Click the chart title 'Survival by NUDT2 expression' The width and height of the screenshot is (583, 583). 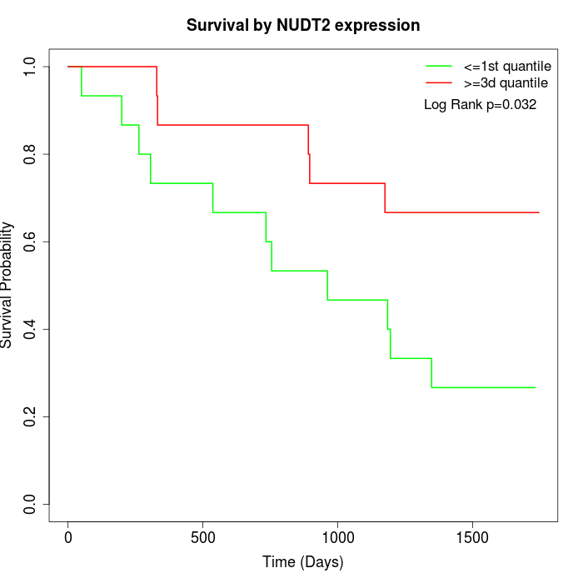click(x=303, y=25)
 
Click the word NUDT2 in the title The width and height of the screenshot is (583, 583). click(x=306, y=25)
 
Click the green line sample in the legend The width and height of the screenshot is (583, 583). click(x=439, y=66)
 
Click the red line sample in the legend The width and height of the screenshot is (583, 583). click(x=439, y=82)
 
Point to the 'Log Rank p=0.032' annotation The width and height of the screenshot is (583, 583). click(x=480, y=105)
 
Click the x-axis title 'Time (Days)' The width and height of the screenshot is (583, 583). click(x=303, y=562)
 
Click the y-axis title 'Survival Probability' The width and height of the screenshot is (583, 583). click(x=8, y=285)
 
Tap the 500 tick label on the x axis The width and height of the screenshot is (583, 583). click(x=203, y=535)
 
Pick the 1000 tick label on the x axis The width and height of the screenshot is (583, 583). click(x=338, y=535)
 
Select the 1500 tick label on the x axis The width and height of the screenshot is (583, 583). click(x=473, y=535)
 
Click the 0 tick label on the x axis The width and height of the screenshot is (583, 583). click(x=68, y=535)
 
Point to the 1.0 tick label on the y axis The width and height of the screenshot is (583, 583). click(x=31, y=67)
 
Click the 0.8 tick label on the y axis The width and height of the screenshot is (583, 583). click(x=31, y=154)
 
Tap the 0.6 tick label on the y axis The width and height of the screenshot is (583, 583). click(x=31, y=242)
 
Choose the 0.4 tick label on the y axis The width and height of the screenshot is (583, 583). click(x=31, y=329)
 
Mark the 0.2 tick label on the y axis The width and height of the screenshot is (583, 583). click(x=31, y=416)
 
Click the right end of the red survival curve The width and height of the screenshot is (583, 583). click(x=539, y=212)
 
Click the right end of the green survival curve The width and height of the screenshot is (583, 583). click(x=535, y=387)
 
